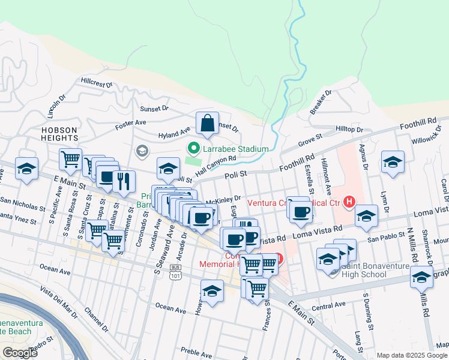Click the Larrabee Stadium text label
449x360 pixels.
point(236,149)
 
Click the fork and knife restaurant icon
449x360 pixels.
point(124,180)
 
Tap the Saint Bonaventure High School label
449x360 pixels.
point(373,271)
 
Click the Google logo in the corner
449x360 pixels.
point(19,352)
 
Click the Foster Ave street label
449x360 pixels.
point(131,123)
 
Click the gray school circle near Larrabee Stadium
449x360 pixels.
point(142,150)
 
